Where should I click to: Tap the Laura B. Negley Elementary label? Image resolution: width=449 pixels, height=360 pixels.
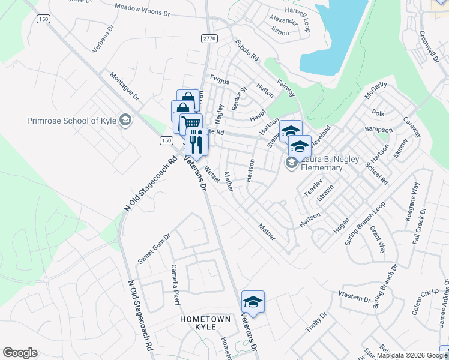[x=321, y=163]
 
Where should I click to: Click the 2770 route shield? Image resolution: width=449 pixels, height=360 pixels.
[x=209, y=38]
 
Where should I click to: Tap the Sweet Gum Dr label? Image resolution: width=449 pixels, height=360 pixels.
[x=155, y=249]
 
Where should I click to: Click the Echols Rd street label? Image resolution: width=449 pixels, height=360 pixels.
[x=247, y=50]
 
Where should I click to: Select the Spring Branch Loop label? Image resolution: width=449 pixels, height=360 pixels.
[x=364, y=226]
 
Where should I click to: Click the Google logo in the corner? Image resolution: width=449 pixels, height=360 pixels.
[x=20, y=353]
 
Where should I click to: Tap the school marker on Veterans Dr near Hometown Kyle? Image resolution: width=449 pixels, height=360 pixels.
[x=253, y=302]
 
